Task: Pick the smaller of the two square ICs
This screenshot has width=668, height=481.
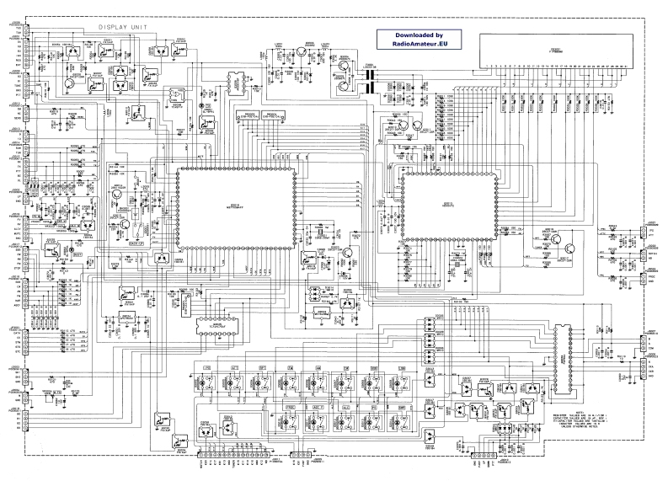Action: (444, 206)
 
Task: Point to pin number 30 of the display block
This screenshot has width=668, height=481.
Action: (623, 64)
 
